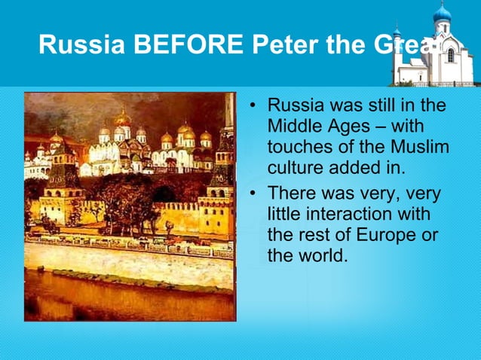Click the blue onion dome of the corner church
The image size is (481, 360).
[x=443, y=13]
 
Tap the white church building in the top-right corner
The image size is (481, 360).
[x=437, y=60]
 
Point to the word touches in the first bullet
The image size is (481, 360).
[x=298, y=145]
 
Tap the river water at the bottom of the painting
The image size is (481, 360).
[x=128, y=297]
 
